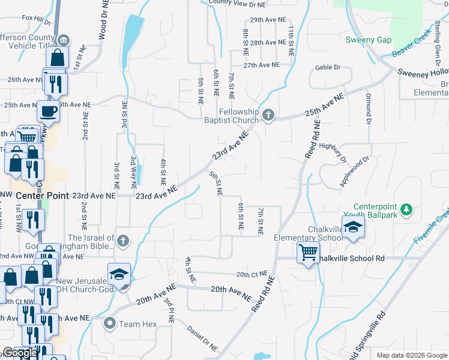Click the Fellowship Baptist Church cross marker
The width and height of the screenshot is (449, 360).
(268, 115)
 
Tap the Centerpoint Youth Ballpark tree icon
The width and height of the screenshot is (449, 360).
(407, 209)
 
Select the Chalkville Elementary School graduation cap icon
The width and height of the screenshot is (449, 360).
(354, 227)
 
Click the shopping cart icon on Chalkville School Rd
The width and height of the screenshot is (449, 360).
(307, 252)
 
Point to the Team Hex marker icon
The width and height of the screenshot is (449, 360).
(109, 324)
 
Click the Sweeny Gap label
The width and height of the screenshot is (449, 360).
(369, 40)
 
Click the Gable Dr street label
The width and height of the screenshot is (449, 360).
(328, 68)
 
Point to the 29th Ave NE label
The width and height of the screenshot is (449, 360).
(267, 20)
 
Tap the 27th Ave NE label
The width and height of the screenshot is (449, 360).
(261, 65)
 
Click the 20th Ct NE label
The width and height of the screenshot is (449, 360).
(252, 275)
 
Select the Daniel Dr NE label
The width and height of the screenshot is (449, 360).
(202, 338)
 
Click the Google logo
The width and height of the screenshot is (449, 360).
(19, 353)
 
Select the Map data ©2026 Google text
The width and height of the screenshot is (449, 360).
(411, 355)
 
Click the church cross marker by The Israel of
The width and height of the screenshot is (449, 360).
(122, 241)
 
